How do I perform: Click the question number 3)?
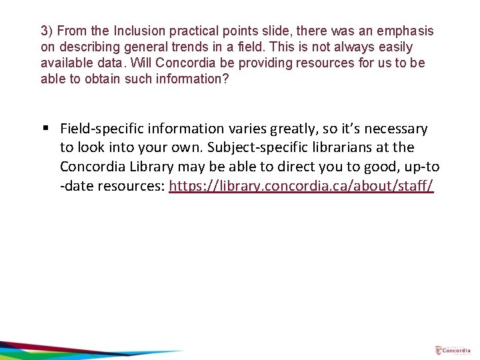pyautogui.click(x=47, y=31)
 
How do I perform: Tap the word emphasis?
pyautogui.click(x=405, y=31)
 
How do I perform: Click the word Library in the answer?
pyautogui.click(x=151, y=167)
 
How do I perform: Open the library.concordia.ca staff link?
pyautogui.click(x=301, y=186)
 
